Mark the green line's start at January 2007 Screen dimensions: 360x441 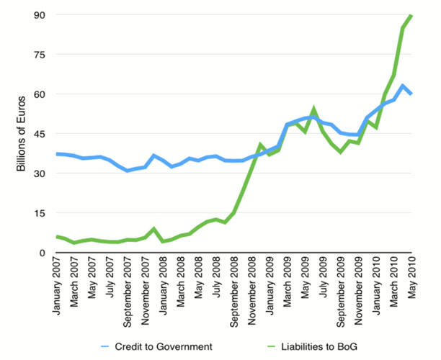[57, 236]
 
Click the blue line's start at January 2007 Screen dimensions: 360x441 [57, 154]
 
